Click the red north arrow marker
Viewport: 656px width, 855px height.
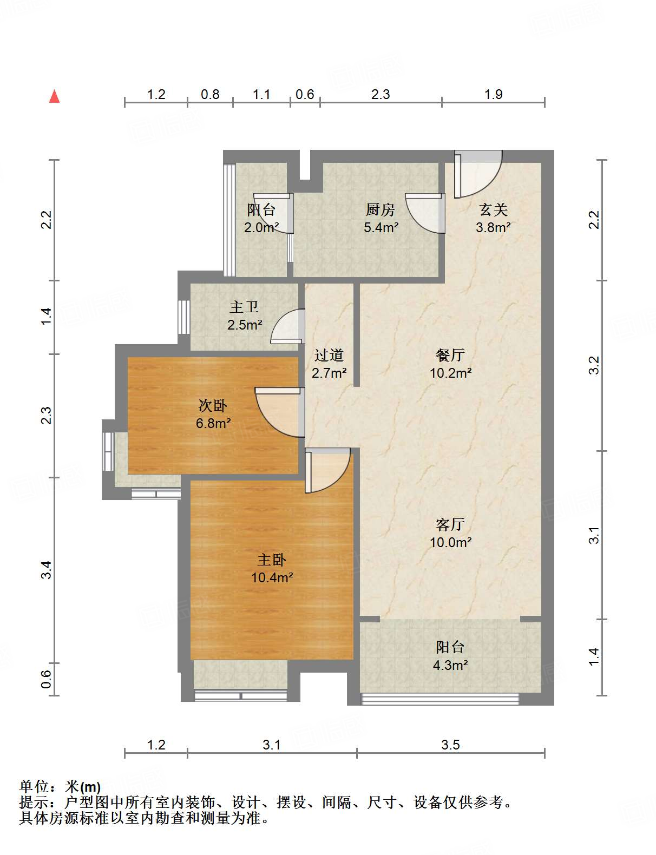coord(54,96)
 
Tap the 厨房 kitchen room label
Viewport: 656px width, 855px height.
coord(381,209)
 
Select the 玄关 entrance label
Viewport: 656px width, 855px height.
coord(493,209)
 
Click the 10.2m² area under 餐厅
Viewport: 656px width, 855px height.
coord(450,373)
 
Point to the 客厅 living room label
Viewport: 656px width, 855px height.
coord(450,524)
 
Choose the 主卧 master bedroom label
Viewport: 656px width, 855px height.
coord(272,560)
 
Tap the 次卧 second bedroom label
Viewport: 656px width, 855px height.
coord(213,405)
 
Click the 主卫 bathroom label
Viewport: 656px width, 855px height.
coord(244,307)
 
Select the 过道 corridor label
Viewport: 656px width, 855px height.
coord(329,356)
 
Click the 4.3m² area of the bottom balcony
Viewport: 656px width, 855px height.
coord(450,665)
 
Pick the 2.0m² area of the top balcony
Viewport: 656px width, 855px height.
coord(261,227)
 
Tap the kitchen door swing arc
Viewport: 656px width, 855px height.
coord(425,214)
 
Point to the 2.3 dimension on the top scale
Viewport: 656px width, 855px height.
coord(381,94)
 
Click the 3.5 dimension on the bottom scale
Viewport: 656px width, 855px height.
coord(450,745)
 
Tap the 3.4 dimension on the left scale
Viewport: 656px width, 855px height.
coord(47,570)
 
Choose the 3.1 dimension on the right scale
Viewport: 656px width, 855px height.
coord(594,535)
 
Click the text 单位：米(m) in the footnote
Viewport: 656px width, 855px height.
coord(60,786)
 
